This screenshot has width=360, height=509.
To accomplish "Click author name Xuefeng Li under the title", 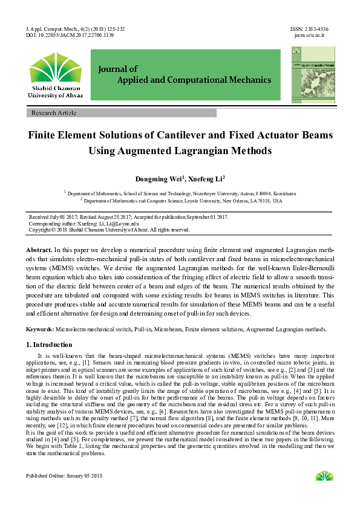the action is coord(205,179).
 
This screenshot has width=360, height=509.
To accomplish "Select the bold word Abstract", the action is coord(39,250).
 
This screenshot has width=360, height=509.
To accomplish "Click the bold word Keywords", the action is coord(40,329).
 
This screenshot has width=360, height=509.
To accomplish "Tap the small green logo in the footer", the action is coord(324,476).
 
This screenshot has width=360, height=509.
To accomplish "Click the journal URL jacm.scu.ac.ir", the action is coord(310,36).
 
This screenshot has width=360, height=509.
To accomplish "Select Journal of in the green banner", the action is coord(118,69).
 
